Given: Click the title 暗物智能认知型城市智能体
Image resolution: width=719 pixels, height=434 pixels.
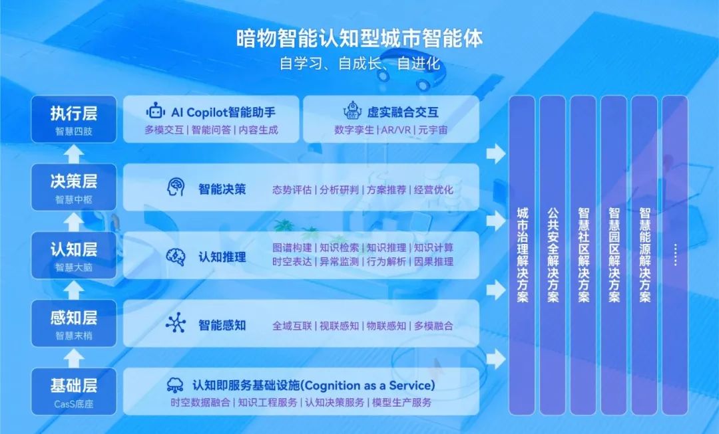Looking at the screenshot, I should pos(359,38).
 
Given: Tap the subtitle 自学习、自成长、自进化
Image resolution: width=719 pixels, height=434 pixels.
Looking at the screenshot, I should pos(359,64).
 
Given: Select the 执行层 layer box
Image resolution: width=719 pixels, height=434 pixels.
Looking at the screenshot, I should pos(74,119).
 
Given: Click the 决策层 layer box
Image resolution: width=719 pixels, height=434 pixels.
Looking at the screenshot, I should pos(74,187).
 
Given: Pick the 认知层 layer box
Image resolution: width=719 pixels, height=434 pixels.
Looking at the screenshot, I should pos(74,255).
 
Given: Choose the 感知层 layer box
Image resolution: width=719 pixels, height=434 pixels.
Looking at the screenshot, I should pos(74,323).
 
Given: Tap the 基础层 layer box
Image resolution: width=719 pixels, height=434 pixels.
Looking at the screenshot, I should pos(74,391).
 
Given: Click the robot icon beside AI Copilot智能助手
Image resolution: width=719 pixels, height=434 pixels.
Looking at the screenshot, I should pos(156,112).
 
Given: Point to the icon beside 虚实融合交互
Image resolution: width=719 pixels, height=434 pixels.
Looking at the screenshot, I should pos(351,111).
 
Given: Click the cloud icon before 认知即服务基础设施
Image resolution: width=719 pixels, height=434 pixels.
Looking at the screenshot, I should pos(176,385).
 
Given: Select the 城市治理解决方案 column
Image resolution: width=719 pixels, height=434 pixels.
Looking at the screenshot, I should pos(523,255).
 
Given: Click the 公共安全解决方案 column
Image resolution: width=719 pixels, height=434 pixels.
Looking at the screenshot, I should pos(553,255).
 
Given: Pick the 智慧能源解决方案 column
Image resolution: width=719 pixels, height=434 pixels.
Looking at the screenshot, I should pos(644,255).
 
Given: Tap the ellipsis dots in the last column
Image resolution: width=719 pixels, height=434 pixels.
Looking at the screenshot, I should pos(674,255).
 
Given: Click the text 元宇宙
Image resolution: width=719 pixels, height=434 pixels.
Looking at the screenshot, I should pos(433,130).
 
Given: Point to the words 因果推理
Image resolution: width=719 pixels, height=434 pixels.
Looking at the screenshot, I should pos(434,262).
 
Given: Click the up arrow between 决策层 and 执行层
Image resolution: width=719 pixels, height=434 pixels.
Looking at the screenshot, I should pos(74,153).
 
